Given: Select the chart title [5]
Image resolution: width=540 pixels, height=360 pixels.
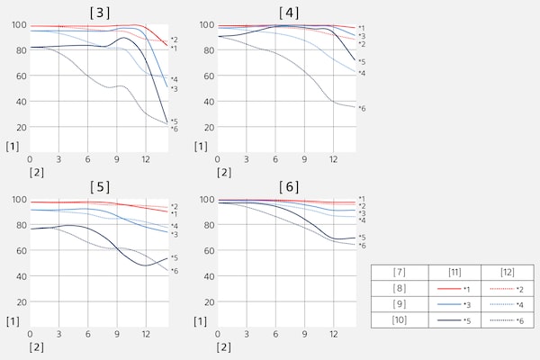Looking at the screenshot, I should coord(99,187).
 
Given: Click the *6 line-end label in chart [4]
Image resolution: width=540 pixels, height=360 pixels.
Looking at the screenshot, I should coord(362,108).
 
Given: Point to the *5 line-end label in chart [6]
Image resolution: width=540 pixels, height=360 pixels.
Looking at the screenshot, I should coord(362,238).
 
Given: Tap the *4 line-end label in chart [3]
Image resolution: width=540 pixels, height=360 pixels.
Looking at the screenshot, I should coord(174,79).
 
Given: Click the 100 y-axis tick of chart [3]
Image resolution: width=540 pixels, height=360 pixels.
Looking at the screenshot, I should coord(17,25).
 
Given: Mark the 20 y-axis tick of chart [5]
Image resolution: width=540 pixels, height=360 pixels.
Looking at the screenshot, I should coord(19,301).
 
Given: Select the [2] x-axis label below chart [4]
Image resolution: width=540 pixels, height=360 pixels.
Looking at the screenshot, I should coord(224,171).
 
